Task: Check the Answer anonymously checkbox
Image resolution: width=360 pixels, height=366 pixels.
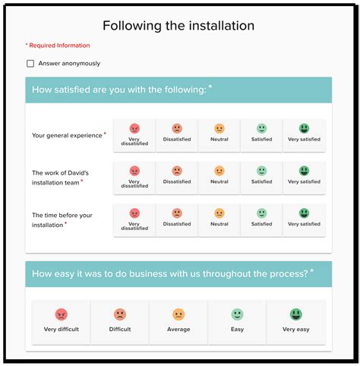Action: pyautogui.click(x=30, y=64)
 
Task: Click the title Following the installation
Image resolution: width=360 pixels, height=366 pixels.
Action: pyautogui.click(x=178, y=26)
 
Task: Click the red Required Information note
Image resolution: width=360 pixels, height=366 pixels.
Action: pyautogui.click(x=58, y=46)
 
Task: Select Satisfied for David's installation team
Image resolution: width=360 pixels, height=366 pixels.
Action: pyautogui.click(x=261, y=177)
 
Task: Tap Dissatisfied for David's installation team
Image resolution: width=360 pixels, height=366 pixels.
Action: pyautogui.click(x=177, y=177)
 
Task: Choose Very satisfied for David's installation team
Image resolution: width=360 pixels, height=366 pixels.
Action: pyautogui.click(x=304, y=177)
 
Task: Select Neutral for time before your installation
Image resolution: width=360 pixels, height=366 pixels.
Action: pyautogui.click(x=219, y=219)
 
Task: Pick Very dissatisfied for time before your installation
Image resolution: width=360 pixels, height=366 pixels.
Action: pyautogui.click(x=134, y=219)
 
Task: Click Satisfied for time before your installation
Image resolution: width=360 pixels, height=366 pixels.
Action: pyautogui.click(x=261, y=219)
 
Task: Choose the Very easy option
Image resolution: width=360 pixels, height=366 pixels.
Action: pyautogui.click(x=295, y=321)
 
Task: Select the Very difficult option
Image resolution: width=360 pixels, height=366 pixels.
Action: pyautogui.click(x=62, y=321)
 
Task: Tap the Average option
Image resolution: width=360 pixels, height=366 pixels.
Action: pyautogui.click(x=178, y=321)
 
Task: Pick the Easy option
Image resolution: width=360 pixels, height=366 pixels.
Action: pyautogui.click(x=237, y=321)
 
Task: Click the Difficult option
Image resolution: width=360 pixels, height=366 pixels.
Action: pyautogui.click(x=120, y=321)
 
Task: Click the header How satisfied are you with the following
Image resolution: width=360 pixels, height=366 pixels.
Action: pyautogui.click(x=119, y=90)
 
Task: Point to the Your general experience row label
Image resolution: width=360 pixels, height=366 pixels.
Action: pyautogui.click(x=67, y=136)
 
